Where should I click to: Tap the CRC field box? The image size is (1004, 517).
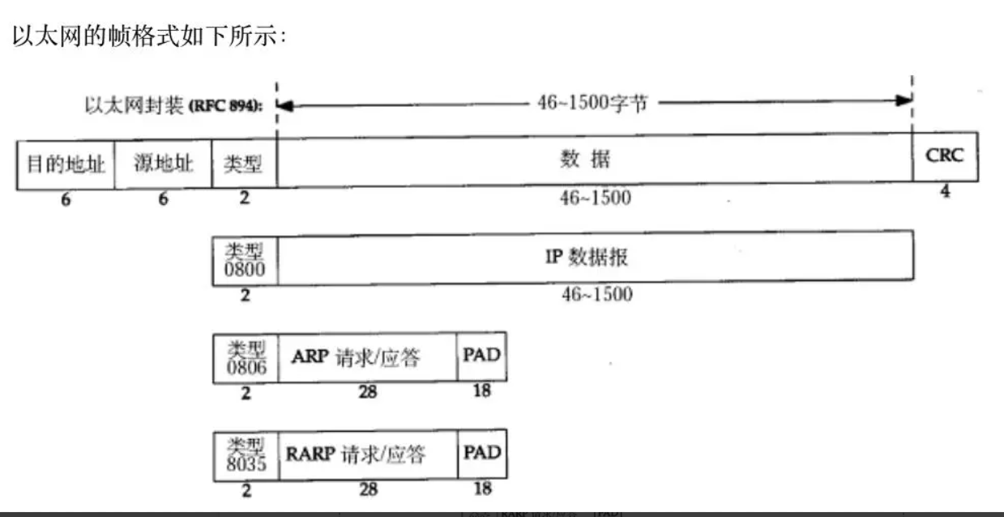pyautogui.click(x=945, y=156)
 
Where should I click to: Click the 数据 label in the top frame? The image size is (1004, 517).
pyautogui.click(x=584, y=160)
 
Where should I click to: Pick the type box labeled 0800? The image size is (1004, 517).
pyautogui.click(x=244, y=258)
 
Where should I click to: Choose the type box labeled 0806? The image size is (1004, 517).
pyautogui.click(x=245, y=357)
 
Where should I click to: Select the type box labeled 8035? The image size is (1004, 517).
pyautogui.click(x=245, y=454)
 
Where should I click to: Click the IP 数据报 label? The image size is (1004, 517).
pyautogui.click(x=586, y=258)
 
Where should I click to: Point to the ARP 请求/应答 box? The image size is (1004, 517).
pyautogui.click(x=367, y=357)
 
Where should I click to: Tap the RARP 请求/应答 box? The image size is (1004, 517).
pyautogui.click(x=369, y=454)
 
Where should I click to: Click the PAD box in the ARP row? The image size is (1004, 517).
pyautogui.click(x=481, y=356)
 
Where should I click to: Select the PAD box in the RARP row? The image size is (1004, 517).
pyautogui.click(x=482, y=453)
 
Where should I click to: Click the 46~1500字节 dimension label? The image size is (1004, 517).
pyautogui.click(x=592, y=103)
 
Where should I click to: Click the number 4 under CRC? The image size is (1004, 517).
pyautogui.click(x=945, y=192)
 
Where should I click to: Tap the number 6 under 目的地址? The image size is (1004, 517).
pyautogui.click(x=66, y=199)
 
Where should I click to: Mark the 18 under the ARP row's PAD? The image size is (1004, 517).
pyautogui.click(x=481, y=391)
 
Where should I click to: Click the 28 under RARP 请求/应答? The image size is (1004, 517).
pyautogui.click(x=368, y=489)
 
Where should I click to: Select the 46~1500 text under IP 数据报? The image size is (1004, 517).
pyautogui.click(x=596, y=294)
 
